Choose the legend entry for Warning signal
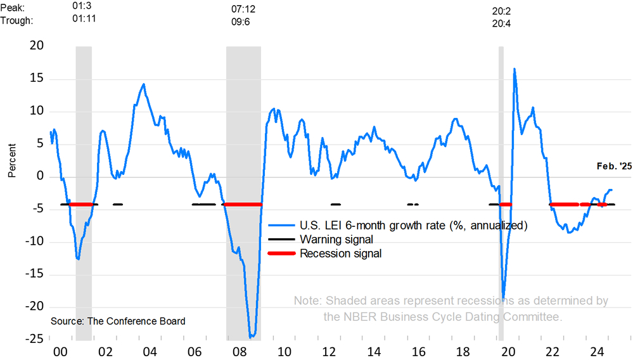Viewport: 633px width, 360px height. (x=336, y=240)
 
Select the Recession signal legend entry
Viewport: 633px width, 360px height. (x=340, y=254)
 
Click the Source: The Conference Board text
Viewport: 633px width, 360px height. (x=117, y=321)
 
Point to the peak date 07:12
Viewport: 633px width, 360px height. (x=244, y=11)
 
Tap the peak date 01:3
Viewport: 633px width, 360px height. (x=84, y=8)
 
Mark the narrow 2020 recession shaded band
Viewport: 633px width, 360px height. (x=501, y=190)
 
